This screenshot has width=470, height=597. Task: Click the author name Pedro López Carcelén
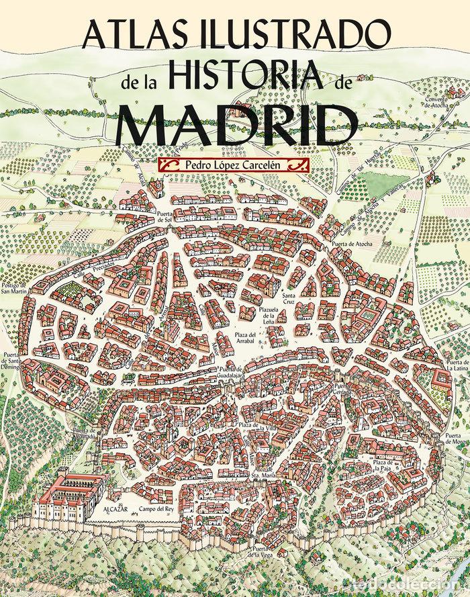(x=231, y=163)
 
